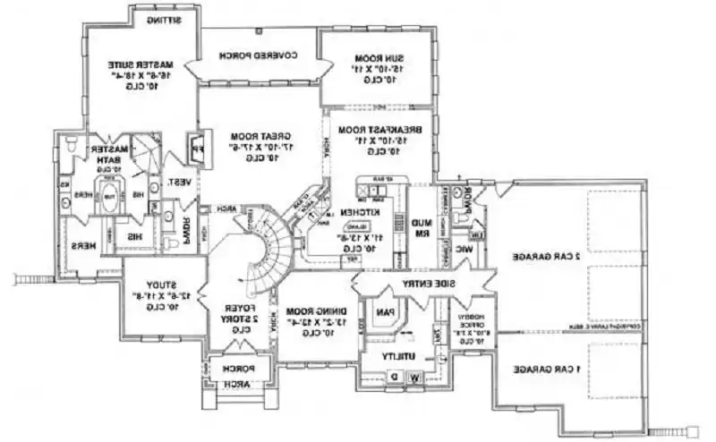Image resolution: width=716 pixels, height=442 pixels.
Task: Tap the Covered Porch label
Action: tap(260, 55)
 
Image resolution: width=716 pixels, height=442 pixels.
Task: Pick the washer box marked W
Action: tap(415, 378)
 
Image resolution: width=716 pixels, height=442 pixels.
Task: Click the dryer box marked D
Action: tap(395, 378)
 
